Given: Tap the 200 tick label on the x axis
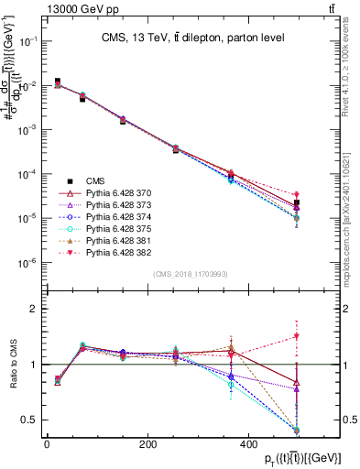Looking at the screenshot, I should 147,443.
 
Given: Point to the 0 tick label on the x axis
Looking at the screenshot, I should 47,443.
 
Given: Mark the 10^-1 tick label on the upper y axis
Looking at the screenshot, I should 29,41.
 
